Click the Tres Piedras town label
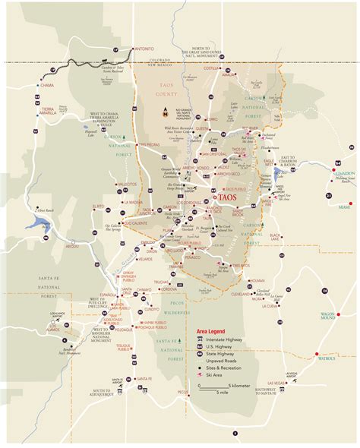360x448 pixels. pos(147,144)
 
